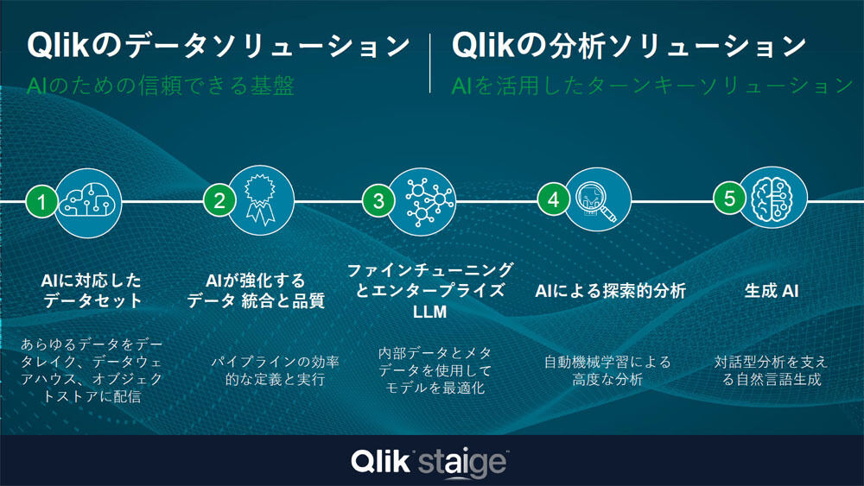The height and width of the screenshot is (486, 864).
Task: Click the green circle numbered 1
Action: point(41,201)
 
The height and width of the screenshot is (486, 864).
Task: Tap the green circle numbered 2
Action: point(219,200)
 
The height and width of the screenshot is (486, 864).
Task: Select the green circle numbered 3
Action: point(378,200)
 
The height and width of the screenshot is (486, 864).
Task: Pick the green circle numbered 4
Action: point(554,199)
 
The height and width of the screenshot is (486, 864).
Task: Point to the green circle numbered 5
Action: point(729,199)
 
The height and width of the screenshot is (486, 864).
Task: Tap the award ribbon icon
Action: point(259,199)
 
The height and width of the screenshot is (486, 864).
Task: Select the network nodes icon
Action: point(429,201)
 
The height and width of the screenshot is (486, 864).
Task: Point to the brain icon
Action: point(772,199)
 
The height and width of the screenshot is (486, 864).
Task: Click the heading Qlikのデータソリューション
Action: point(219,45)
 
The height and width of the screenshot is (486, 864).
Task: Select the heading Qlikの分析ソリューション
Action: point(629,45)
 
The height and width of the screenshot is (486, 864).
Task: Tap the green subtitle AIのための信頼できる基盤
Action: point(161,85)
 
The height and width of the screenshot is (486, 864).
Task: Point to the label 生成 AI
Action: point(772,291)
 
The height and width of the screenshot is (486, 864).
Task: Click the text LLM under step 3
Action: point(429,312)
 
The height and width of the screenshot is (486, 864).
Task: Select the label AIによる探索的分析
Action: point(611,291)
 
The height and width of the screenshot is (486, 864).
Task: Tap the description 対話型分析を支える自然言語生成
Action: point(772,370)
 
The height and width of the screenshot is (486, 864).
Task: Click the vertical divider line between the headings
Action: point(430,63)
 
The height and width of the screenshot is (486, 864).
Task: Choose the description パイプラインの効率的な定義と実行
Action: point(275,370)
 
